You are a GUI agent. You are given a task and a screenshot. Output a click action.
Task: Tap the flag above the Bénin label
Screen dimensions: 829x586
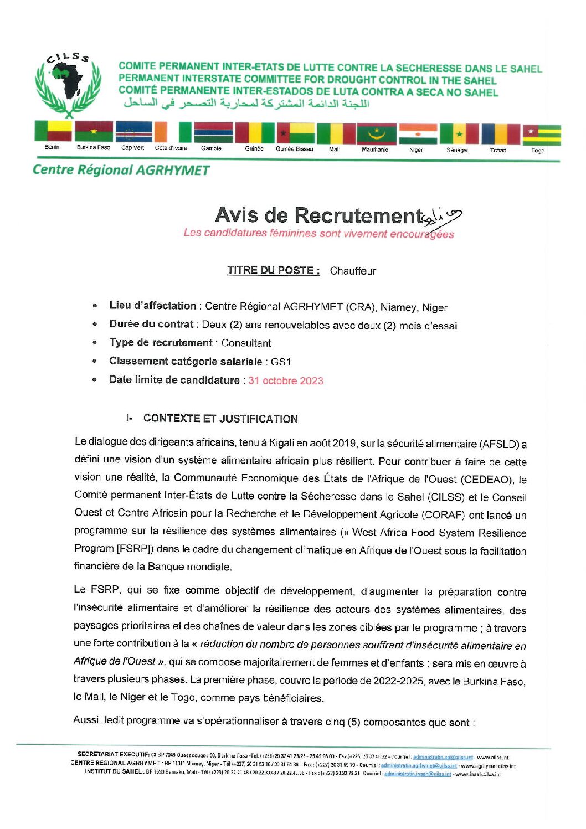point(53,131)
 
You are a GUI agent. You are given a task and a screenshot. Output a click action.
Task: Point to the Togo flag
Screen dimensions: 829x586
point(541,135)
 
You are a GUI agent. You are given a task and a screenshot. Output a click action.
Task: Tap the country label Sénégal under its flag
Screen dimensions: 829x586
point(457,150)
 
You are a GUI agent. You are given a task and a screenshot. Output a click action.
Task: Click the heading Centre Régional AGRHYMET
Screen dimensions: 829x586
point(121,170)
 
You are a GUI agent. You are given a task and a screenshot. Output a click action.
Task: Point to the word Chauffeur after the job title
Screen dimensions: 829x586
point(353,271)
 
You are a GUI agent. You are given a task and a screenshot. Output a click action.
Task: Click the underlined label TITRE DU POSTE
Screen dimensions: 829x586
point(273,270)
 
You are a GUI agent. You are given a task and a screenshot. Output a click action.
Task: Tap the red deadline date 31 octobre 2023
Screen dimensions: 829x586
point(286,380)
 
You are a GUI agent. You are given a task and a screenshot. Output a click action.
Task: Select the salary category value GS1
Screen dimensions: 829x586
point(281,362)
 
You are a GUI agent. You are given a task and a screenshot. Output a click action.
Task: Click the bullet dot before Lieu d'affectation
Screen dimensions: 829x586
point(95,306)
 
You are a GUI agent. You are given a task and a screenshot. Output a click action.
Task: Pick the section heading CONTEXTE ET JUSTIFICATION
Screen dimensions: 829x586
point(220,419)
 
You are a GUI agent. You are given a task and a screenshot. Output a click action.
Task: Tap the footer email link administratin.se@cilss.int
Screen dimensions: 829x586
point(443,756)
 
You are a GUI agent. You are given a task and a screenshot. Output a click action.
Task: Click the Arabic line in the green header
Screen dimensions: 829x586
point(246,103)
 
